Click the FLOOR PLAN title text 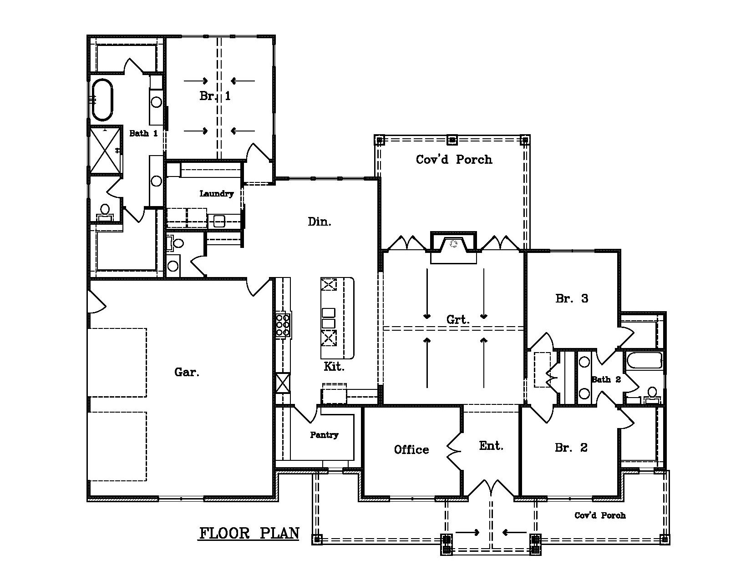249,533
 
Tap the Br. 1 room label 215,96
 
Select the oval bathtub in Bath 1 102,100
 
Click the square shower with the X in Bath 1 106,151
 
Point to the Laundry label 217,194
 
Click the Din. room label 320,222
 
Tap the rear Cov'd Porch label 454,159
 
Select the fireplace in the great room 453,246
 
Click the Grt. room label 457,320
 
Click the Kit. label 334,366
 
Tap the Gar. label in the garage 187,372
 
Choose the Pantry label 324,435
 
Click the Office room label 411,450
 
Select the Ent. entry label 491,446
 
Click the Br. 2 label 571,448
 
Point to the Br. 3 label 572,298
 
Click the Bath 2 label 606,379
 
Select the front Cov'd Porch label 600,515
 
